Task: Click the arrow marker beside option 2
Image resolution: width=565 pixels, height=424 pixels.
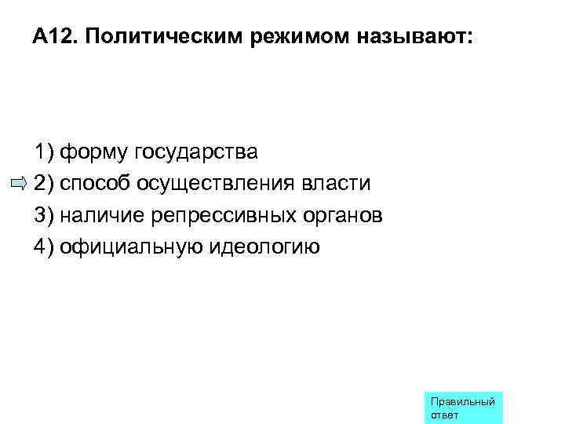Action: (x=19, y=184)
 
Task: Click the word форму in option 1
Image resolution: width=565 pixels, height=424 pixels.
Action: (x=94, y=151)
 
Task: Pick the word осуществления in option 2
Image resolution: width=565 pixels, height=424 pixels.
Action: (x=216, y=183)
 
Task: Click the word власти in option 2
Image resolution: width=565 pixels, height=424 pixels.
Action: (x=336, y=183)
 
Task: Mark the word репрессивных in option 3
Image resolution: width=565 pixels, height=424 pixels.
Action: (x=228, y=215)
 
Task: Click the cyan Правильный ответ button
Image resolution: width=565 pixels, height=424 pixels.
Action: (x=462, y=408)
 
